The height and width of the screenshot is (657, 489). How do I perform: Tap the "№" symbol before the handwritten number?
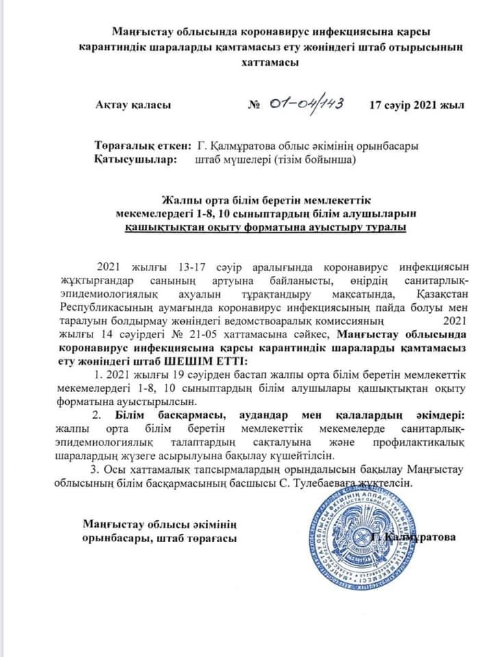click(253, 107)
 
